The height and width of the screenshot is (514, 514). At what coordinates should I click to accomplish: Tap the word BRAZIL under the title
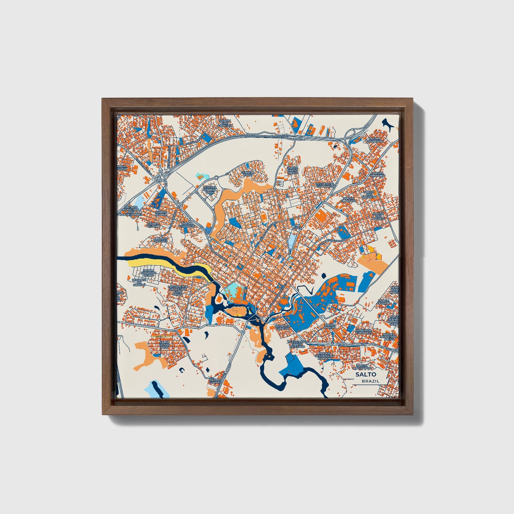(x=370, y=381)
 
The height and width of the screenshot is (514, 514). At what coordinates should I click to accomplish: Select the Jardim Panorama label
(x=376, y=140)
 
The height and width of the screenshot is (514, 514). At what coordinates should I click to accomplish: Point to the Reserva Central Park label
(x=210, y=190)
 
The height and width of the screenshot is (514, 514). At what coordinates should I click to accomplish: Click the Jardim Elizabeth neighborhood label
(x=186, y=225)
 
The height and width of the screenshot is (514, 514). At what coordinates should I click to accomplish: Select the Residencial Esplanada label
(x=325, y=185)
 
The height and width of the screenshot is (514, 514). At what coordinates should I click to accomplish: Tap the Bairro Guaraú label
(x=216, y=382)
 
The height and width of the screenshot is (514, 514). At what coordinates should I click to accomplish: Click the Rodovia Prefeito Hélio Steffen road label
(x=267, y=136)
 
